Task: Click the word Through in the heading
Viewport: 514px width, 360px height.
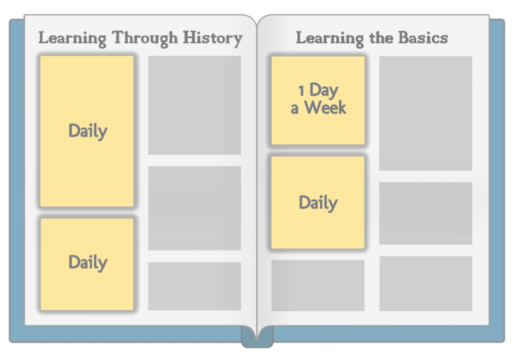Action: coord(145,38)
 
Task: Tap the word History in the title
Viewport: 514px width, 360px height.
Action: coord(213,38)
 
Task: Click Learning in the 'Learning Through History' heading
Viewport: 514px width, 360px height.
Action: coord(72,38)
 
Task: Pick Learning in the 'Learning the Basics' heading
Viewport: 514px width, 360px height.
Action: coord(330,38)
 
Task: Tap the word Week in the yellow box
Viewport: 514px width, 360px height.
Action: coord(325,107)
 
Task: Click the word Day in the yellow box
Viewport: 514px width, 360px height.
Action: coord(324,90)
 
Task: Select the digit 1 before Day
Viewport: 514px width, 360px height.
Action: coord(301,91)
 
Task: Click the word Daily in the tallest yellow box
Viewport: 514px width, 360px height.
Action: coord(88,131)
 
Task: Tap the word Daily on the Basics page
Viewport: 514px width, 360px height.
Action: coord(318,202)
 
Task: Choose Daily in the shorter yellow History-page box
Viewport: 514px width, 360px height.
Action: coord(88,262)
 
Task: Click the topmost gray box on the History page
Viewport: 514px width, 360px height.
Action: coord(194,105)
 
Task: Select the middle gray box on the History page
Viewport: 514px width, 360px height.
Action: coord(194,208)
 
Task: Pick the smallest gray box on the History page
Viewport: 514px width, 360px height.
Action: coord(194,286)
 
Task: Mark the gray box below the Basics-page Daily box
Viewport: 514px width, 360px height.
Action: coord(318,285)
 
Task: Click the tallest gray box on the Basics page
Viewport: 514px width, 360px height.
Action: coord(426,113)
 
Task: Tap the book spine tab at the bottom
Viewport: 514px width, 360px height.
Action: coord(258,336)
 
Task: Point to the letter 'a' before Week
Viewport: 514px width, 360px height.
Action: coord(294,109)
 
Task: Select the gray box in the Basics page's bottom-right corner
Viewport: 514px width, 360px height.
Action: coord(426,283)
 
